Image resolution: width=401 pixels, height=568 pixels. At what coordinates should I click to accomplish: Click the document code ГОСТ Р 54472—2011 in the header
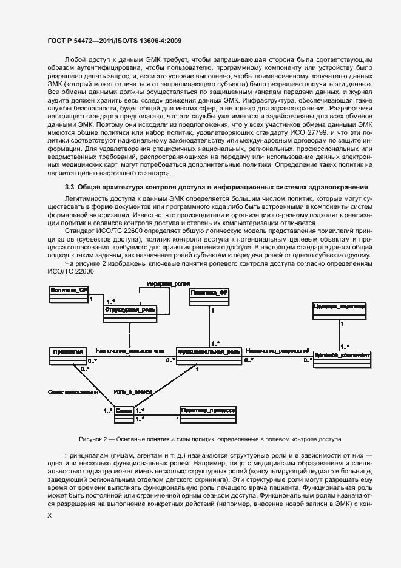(83, 41)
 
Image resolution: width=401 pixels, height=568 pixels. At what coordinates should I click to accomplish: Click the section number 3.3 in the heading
(70, 186)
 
